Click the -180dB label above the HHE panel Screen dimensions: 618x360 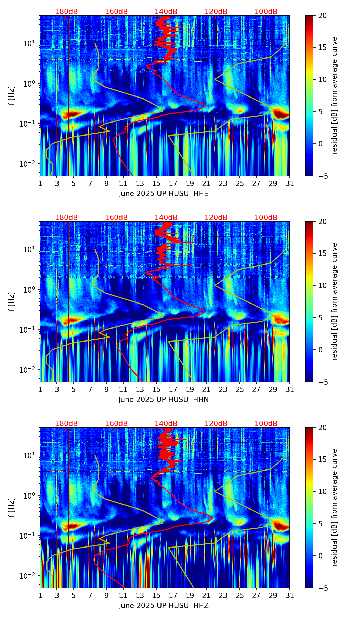[x=65, y=12]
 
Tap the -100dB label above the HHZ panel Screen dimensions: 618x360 [x=265, y=424]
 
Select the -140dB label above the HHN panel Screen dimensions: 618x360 [x=165, y=218]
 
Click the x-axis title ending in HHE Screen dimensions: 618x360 [x=164, y=194]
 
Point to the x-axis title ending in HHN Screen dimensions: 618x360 [x=164, y=400]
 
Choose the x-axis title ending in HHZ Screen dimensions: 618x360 [x=164, y=606]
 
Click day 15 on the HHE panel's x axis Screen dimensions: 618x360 [x=156, y=183]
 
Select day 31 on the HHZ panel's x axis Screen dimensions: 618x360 [x=290, y=595]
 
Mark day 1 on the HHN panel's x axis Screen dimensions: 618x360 [x=40, y=389]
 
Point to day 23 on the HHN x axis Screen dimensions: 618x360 [x=223, y=389]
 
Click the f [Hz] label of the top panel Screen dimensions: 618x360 [x=12, y=96]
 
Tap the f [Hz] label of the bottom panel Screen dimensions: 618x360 [x=12, y=508]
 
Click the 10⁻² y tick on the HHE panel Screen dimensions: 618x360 [x=29, y=164]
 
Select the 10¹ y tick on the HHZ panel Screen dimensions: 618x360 [x=30, y=455]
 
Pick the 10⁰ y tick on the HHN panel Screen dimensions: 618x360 [x=30, y=289]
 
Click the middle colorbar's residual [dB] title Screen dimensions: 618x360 [x=335, y=301]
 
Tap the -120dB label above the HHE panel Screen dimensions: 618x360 [x=215, y=12]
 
